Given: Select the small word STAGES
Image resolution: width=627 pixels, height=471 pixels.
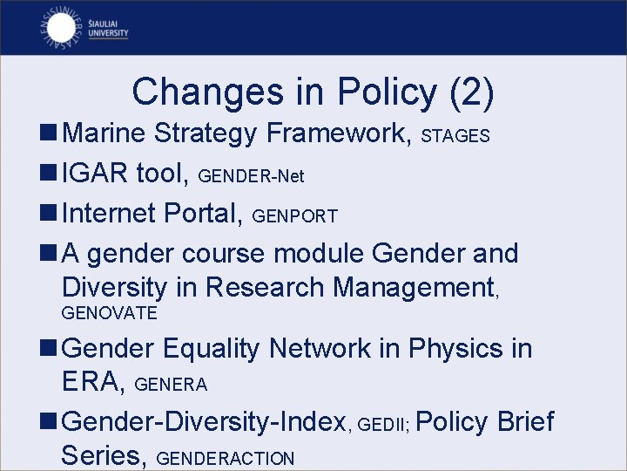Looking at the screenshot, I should pos(455,137).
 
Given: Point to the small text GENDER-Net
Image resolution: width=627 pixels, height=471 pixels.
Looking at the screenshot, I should pos(252,177).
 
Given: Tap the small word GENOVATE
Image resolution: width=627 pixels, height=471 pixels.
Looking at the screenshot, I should pos(109,313).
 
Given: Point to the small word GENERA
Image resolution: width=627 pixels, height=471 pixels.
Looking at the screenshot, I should pos(172,385).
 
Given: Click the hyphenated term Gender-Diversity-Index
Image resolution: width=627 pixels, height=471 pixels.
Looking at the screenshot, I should pos(206,422).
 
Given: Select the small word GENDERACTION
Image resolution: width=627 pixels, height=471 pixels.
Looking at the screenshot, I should pos(228,459).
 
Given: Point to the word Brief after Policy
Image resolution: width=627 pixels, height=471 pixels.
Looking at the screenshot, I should pos(525,422).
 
